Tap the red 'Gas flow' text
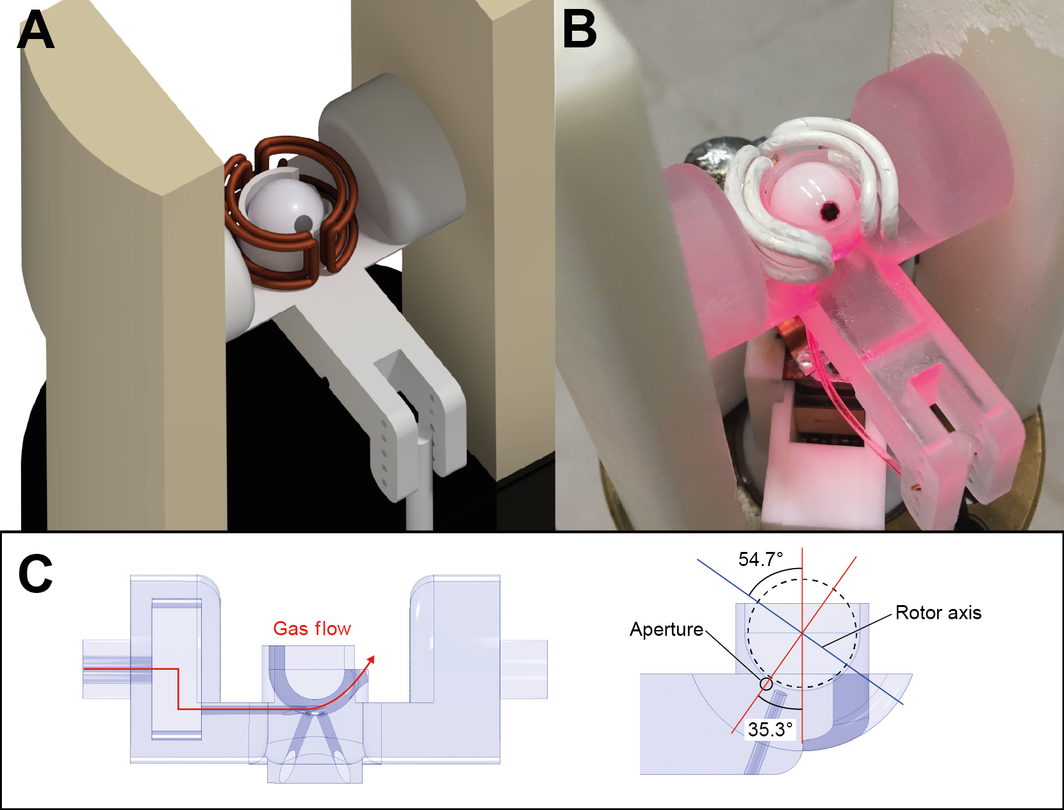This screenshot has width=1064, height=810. click(312, 629)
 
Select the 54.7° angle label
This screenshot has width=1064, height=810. click(760, 560)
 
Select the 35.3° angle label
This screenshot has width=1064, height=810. click(770, 729)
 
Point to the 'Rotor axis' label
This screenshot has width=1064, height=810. click(938, 613)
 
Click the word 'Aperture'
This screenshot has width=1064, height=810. click(666, 629)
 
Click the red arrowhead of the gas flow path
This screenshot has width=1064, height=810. click(370, 660)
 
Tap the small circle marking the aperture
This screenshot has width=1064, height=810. click(765, 684)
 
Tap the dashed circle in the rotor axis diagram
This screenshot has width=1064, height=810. click(802, 633)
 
